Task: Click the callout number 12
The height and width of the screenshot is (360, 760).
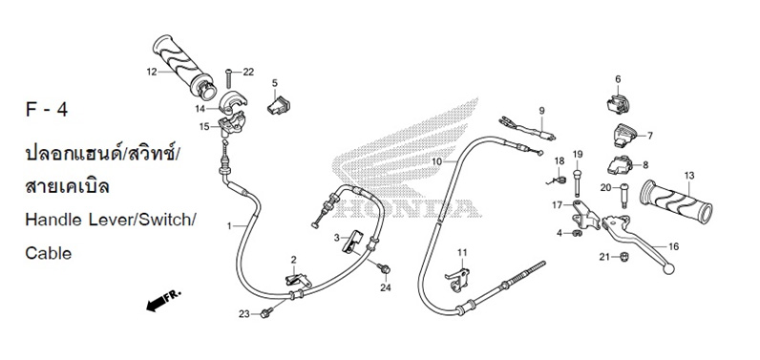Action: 152,73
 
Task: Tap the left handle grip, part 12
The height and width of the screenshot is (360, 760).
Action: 182,66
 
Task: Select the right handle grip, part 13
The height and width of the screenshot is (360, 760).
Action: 676,201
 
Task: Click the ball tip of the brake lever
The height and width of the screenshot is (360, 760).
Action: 668,269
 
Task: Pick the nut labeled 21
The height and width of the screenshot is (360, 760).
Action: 624,256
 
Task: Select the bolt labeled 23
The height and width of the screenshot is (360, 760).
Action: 265,313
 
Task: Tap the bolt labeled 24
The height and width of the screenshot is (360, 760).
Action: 385,268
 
